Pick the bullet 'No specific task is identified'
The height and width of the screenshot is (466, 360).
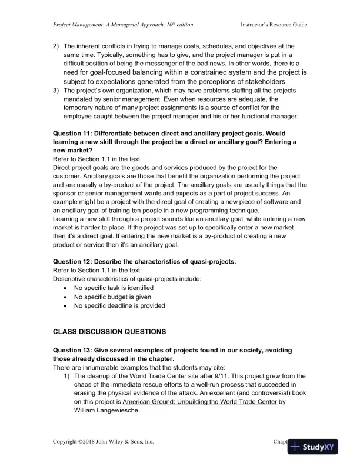[x=114, y=288]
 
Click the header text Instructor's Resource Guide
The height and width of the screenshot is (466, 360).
[x=274, y=25]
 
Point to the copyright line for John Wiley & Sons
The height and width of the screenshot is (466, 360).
[x=104, y=441]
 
